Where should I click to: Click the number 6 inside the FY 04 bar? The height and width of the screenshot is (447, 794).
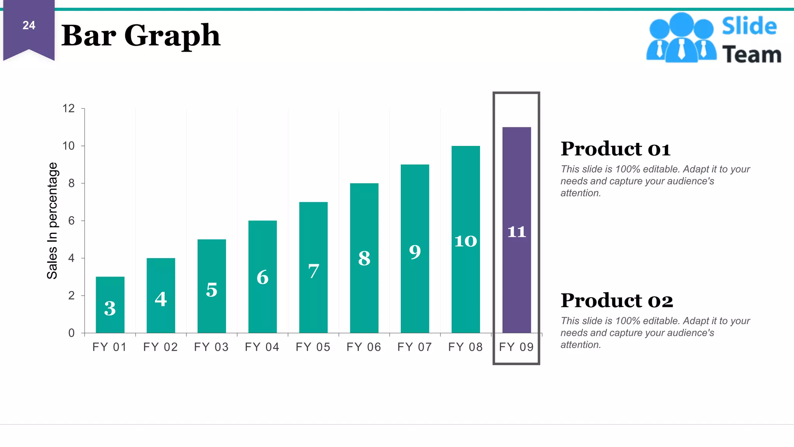[262, 277]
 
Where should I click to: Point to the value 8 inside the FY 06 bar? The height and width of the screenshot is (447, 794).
[364, 258]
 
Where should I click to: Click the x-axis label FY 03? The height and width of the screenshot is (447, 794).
[211, 347]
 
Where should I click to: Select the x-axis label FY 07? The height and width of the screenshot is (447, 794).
[414, 347]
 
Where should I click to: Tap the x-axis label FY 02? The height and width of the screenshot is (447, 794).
[161, 347]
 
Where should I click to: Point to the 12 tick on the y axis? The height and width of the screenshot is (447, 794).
[69, 109]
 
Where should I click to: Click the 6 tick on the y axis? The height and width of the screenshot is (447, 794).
[71, 221]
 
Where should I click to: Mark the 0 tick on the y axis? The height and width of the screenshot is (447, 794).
[71, 333]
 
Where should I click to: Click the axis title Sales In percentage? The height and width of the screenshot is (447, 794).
[52, 220]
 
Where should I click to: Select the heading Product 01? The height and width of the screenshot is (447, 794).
[615, 149]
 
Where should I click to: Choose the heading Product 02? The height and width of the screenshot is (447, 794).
[616, 301]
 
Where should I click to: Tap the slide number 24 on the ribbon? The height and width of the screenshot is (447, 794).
[29, 26]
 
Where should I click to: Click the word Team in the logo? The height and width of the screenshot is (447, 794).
[751, 54]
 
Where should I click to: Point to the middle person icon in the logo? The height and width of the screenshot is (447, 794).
[681, 37]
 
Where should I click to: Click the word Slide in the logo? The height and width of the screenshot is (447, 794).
[749, 26]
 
